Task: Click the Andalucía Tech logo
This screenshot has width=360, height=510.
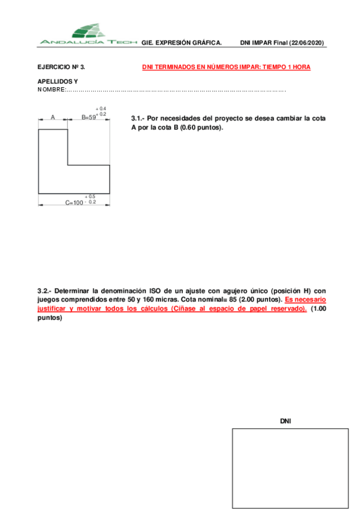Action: point(88,34)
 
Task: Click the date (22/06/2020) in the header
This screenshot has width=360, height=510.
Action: point(307,43)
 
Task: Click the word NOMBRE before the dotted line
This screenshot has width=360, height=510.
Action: point(50,90)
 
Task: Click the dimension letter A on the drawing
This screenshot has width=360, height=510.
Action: point(53,117)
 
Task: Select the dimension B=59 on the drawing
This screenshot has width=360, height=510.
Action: point(88,118)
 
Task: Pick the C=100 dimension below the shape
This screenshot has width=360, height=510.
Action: point(74,203)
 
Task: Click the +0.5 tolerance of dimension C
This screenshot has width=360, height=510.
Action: point(90,197)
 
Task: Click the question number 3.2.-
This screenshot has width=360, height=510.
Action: point(45,290)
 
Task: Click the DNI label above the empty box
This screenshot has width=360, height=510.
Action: point(285,421)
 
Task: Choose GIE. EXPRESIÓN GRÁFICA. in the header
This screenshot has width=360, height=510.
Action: point(182,43)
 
